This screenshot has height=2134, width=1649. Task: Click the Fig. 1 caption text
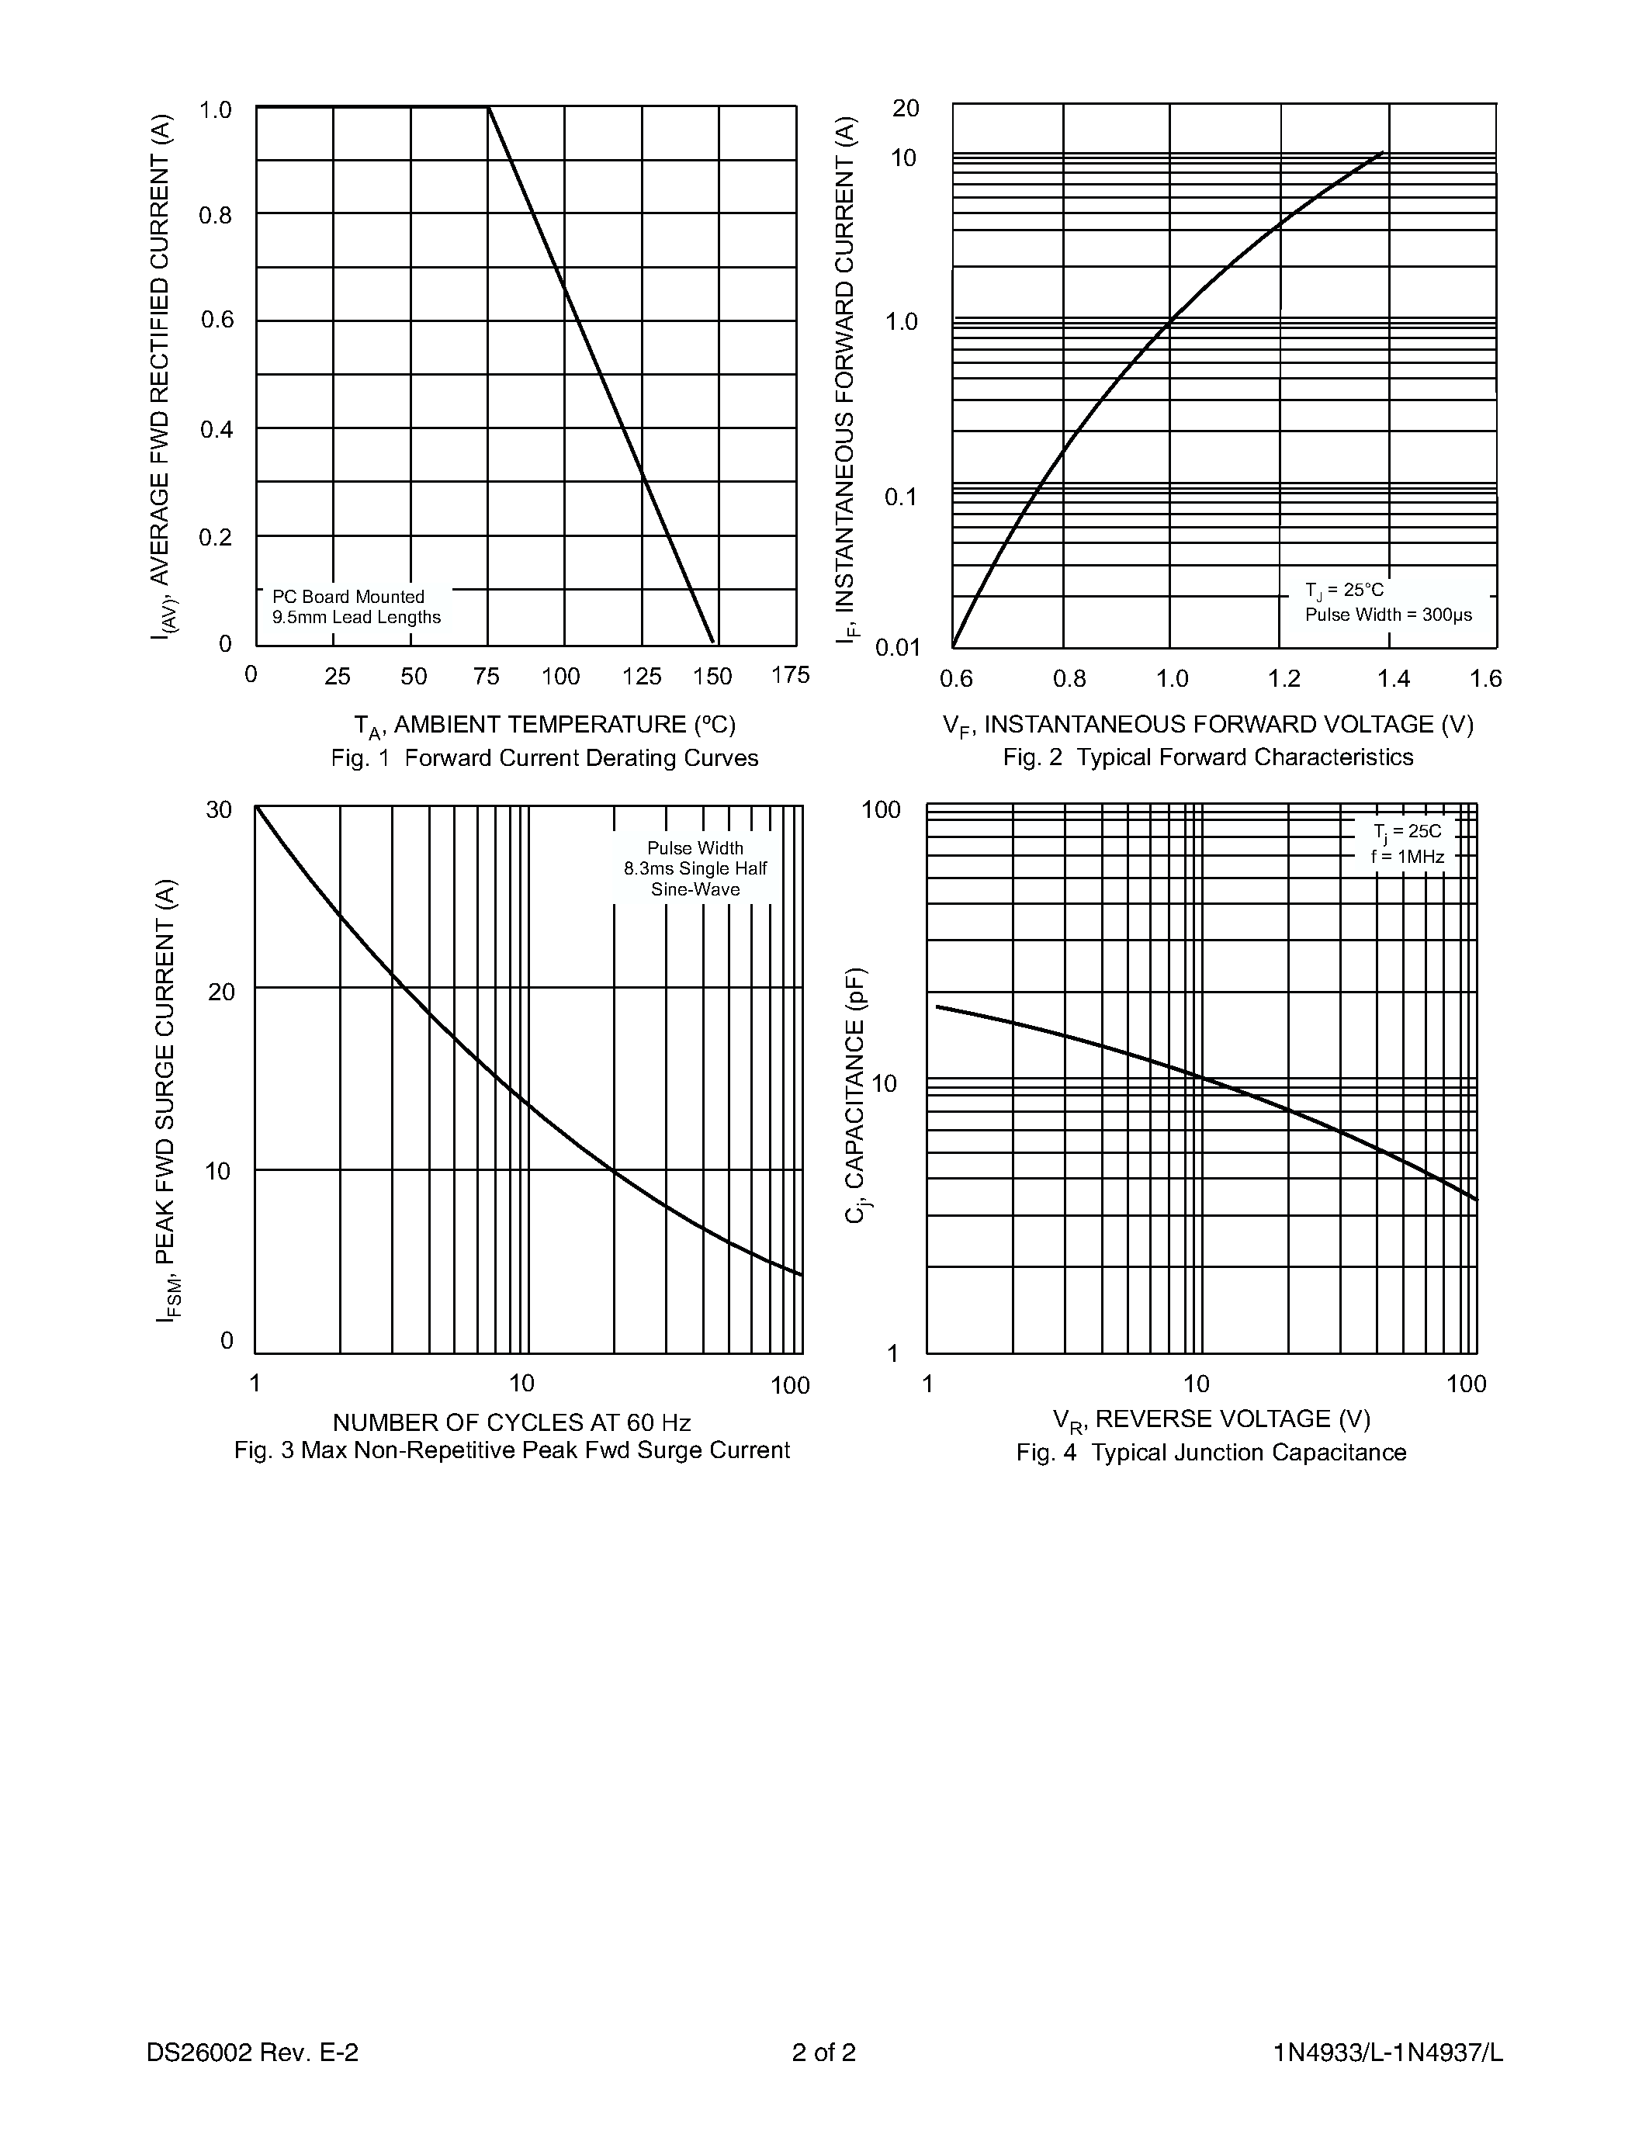tap(544, 758)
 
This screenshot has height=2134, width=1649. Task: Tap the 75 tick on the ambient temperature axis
tap(486, 676)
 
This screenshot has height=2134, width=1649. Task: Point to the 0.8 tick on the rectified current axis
tap(216, 215)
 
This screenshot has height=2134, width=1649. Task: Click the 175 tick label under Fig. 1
tap(789, 675)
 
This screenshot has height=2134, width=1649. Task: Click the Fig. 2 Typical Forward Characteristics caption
tap(1207, 757)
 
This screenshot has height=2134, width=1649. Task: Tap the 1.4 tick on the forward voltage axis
tap(1393, 679)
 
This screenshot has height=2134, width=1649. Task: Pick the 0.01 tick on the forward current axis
tap(898, 647)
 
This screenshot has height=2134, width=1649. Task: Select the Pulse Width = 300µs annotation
tap(1388, 615)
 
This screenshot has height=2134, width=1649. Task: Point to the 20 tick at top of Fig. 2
tap(906, 109)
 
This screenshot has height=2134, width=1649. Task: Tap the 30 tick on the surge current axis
tap(220, 810)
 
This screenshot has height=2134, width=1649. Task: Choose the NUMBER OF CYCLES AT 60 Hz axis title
tap(512, 1422)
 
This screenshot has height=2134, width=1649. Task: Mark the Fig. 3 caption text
tap(512, 1450)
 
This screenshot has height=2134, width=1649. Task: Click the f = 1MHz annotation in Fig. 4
tap(1407, 857)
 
